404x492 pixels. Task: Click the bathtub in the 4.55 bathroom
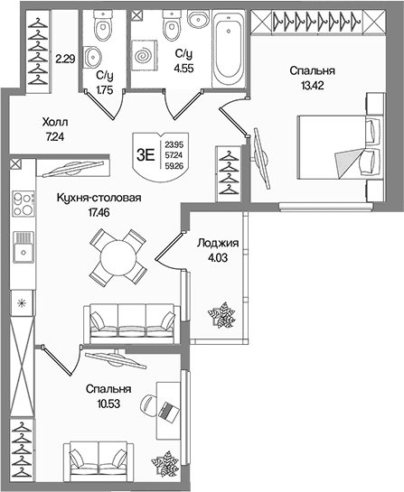coord(229,49)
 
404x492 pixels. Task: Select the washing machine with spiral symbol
coord(144,55)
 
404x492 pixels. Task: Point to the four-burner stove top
coord(23,203)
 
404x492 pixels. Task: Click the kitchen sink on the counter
coord(23,247)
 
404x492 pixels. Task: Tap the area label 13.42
coord(313,86)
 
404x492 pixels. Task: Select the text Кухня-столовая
coord(99,198)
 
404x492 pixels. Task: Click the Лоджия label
coord(218,243)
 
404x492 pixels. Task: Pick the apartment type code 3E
coord(146,155)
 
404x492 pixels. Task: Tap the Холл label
coord(55,122)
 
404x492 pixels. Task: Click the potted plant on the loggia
coord(221,315)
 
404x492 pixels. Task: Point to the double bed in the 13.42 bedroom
coord(340,147)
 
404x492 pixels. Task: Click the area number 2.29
coord(65,59)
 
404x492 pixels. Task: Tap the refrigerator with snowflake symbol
coord(22,303)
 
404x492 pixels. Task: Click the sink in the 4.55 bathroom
coord(199,19)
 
